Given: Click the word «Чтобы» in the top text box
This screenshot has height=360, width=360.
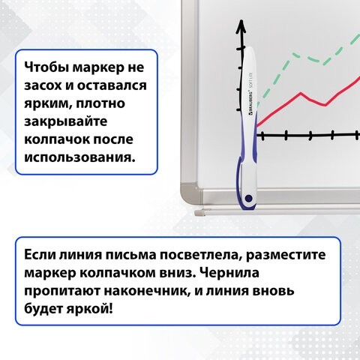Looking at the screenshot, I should pyautogui.click(x=46, y=64).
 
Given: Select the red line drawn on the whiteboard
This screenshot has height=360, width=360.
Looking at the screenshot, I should pyautogui.click(x=300, y=95).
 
